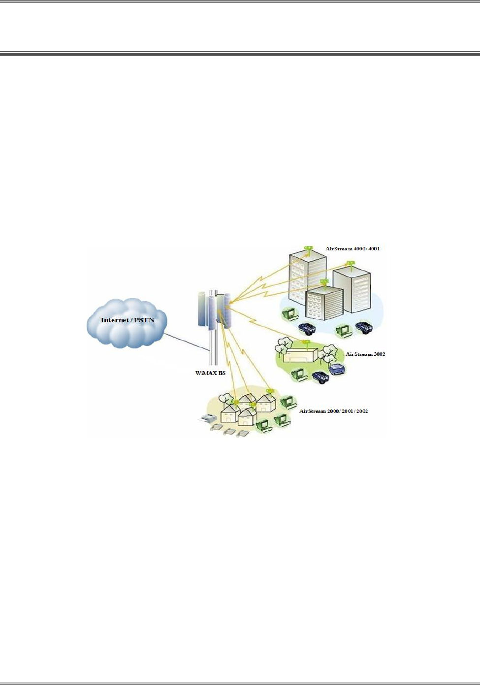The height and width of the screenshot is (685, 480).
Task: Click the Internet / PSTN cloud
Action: (x=127, y=323)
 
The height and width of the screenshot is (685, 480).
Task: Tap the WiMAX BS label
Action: (x=210, y=373)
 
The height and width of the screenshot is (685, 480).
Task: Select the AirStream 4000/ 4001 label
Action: (x=352, y=249)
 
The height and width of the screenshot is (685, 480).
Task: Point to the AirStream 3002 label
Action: (x=365, y=354)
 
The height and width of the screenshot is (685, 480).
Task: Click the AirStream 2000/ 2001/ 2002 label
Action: (x=334, y=411)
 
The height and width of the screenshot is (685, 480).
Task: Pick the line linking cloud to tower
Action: (x=187, y=341)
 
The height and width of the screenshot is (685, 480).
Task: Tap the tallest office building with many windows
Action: (x=306, y=276)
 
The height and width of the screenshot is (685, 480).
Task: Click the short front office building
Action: (x=324, y=302)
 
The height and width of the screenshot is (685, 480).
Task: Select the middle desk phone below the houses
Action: (x=228, y=432)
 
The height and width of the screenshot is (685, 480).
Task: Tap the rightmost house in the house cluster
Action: (x=266, y=402)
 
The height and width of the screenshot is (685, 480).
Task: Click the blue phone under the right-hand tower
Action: (x=364, y=326)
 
